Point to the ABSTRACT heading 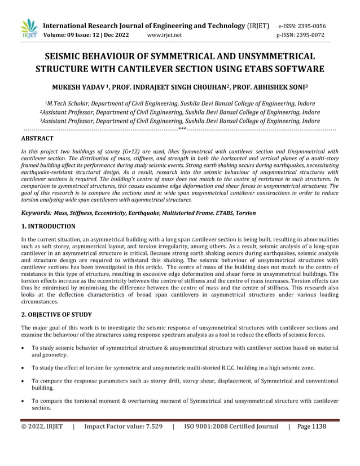tap(37, 138)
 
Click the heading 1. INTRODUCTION tap(48, 226)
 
